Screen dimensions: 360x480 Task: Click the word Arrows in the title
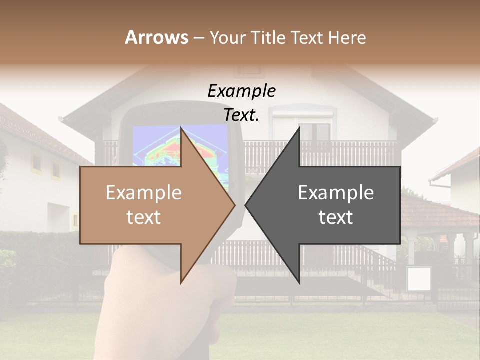(156, 37)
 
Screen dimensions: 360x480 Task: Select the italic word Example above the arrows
(241, 91)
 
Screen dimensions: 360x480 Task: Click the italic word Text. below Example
(241, 115)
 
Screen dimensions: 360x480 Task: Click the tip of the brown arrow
(234, 205)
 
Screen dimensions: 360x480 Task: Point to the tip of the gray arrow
(246, 205)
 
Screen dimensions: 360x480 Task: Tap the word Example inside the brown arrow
(144, 193)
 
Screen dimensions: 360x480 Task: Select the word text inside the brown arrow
(144, 217)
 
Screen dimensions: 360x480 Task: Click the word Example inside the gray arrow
(336, 193)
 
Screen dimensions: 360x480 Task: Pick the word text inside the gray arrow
(336, 217)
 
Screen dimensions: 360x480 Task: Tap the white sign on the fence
(418, 279)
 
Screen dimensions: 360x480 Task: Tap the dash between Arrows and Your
(198, 37)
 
